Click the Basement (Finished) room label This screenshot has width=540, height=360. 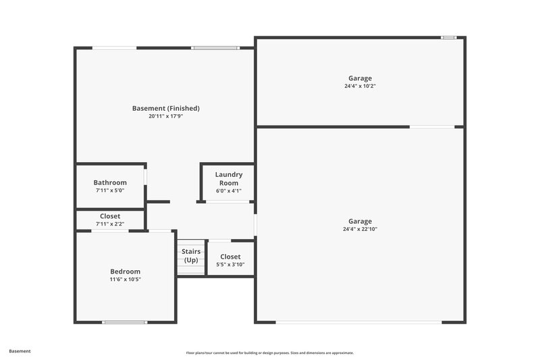point(165,108)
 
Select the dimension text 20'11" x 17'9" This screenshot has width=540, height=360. point(165,116)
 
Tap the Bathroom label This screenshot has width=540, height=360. point(110,182)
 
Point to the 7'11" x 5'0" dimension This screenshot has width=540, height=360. point(110,190)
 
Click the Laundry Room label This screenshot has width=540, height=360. point(229,178)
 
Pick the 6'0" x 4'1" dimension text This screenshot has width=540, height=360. point(229,190)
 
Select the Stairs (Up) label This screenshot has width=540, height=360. point(191,255)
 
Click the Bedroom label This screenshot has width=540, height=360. point(126,272)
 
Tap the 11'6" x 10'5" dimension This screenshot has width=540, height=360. point(126,279)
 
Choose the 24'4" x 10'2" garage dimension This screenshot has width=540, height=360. point(360,86)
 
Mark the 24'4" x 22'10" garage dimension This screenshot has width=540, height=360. point(360,229)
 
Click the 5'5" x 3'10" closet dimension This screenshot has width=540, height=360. point(230,264)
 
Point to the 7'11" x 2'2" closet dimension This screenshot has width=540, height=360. point(110,224)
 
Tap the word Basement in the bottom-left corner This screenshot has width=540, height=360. point(20,351)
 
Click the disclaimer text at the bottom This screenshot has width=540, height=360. point(269,353)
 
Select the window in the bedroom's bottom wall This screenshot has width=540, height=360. point(125,322)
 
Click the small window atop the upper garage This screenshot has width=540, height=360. point(448,37)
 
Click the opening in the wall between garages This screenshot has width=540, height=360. point(432,126)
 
